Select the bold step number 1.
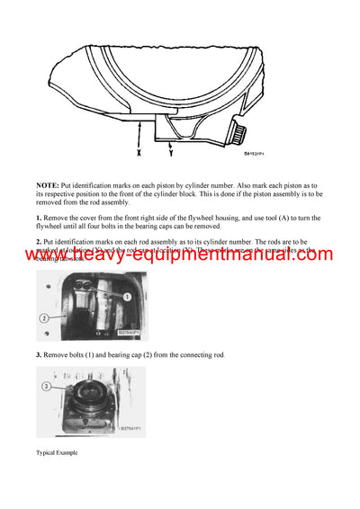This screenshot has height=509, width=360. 40,219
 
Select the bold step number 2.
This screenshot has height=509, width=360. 40,243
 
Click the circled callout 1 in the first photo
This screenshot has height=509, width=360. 128,295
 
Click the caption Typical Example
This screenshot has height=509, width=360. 57,452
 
